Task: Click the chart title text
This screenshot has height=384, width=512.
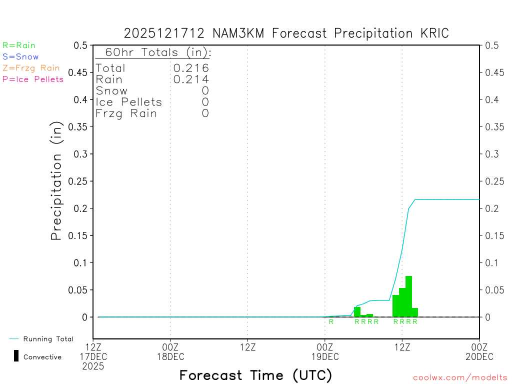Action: point(286,33)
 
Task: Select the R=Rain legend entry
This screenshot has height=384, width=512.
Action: point(19,45)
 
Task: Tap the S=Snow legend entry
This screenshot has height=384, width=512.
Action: point(20,57)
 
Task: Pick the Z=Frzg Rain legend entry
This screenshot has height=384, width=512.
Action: point(31,68)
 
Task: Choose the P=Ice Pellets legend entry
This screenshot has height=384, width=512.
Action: point(33,79)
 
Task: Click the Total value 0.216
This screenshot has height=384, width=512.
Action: point(191,68)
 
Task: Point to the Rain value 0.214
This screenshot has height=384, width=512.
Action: point(191,79)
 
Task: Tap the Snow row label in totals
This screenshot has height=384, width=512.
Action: point(111,90)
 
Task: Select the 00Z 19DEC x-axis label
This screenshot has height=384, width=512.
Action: point(325,351)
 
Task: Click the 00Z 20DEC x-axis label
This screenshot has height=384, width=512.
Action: point(479,351)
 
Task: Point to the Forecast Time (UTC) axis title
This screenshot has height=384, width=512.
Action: point(255,375)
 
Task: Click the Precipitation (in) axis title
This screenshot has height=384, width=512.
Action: point(56,181)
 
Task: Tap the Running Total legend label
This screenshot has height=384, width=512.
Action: point(48,339)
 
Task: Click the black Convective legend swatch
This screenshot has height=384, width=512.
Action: point(16,356)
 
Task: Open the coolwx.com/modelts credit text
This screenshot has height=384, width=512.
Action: point(460,377)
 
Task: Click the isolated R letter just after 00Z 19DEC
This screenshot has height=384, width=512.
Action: point(331,321)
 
